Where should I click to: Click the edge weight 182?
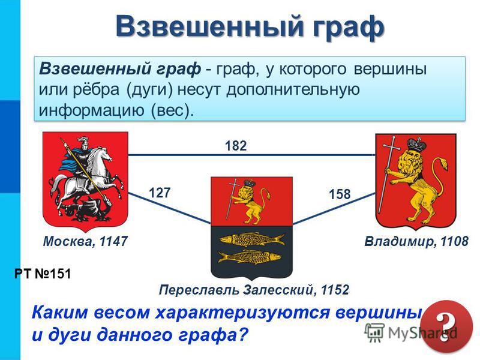236,146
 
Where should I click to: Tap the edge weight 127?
160,193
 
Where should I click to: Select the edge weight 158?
340,194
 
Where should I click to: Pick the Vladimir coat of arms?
416,181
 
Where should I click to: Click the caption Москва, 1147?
85,242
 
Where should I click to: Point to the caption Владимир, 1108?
416,242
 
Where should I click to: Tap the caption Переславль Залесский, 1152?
254,290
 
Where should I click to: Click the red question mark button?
446,326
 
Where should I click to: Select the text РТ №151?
43,274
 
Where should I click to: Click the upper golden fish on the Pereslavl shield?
251,239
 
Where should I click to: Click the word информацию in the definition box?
91,110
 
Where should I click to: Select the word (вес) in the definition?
172,110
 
